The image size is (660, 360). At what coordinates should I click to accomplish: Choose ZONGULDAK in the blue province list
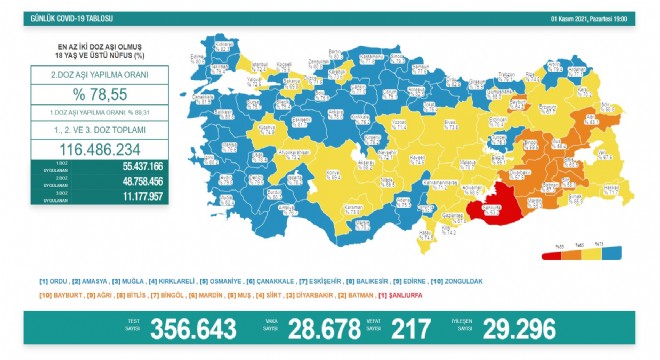click(460, 282)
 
